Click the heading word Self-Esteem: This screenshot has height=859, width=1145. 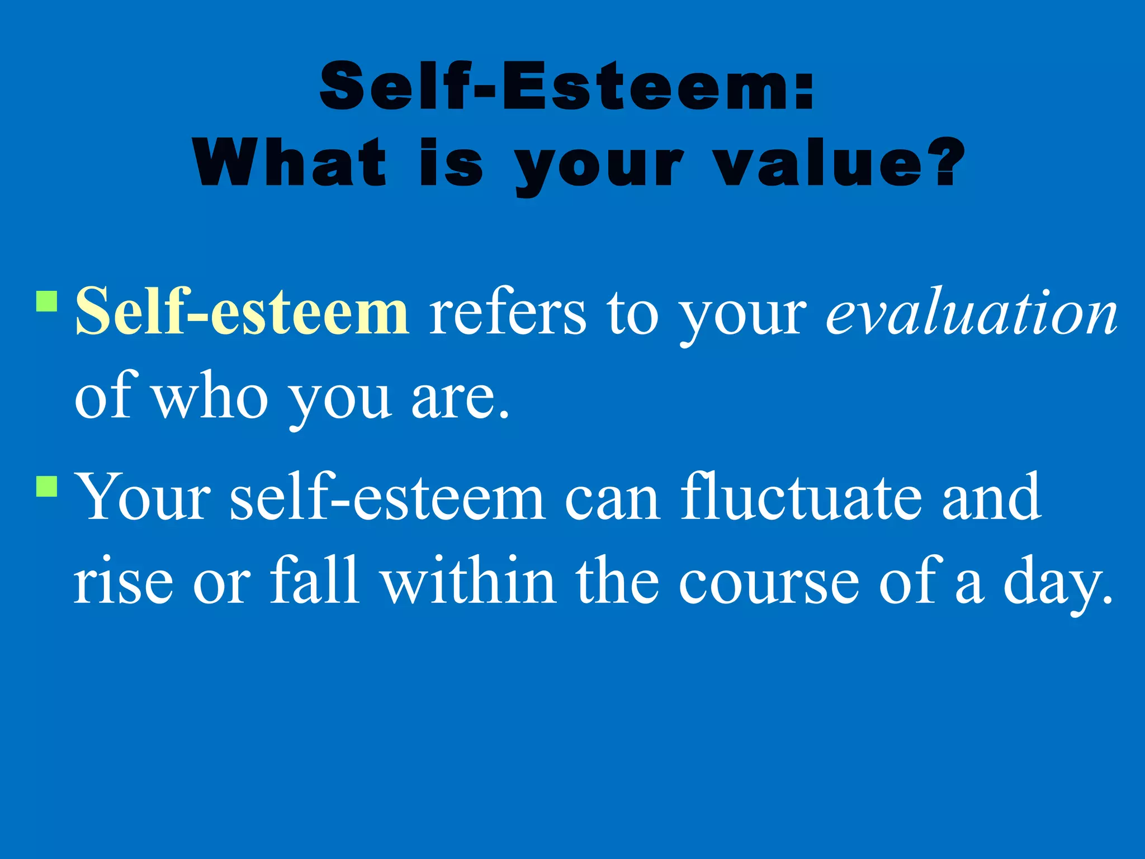pos(566,87)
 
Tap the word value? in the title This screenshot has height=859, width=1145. pos(840,163)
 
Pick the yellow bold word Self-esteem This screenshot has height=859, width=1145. pos(242,311)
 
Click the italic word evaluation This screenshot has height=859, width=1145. pos(972,312)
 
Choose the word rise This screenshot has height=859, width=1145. pos(124,582)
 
